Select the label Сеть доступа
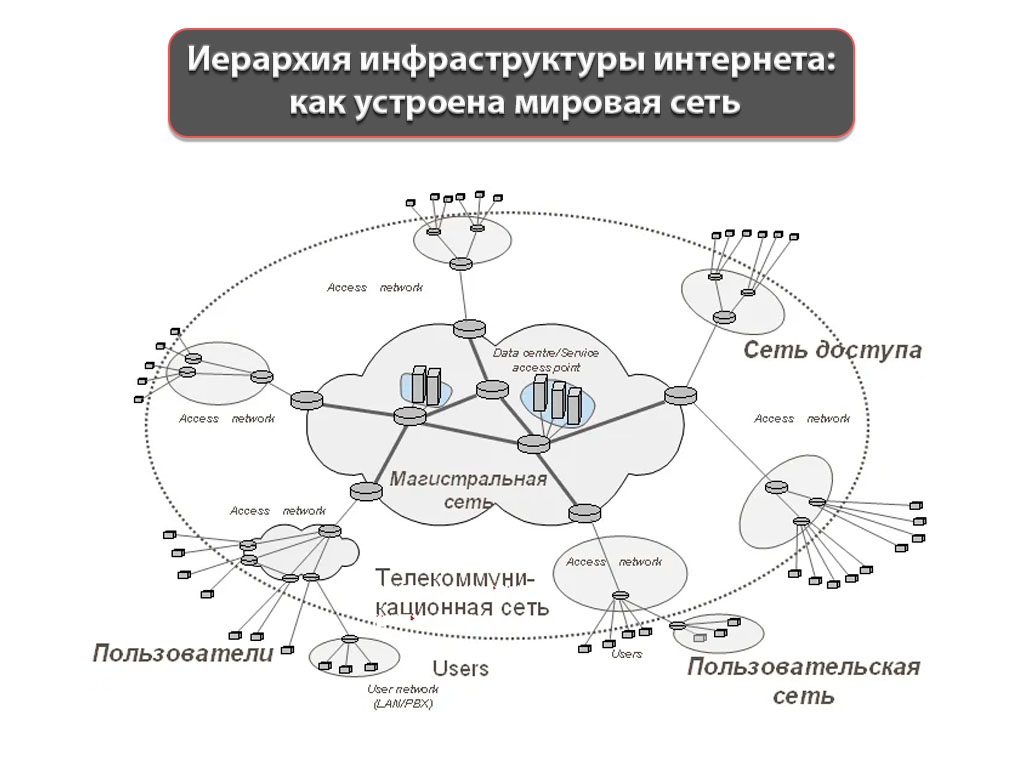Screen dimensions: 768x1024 coord(832,351)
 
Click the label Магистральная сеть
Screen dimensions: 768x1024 coord(467,489)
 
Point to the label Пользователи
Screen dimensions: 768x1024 coord(183,654)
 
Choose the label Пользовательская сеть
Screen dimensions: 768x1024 coord(803,681)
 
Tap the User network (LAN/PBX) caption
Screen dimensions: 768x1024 coord(403,697)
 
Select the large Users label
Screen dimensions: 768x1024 coord(460,668)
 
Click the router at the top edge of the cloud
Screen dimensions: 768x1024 coord(468,327)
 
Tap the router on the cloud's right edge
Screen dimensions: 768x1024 coord(680,395)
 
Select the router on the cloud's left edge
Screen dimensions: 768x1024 coord(307,400)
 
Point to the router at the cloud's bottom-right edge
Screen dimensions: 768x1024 coord(583,512)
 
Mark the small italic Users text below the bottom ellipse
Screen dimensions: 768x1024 coord(626,654)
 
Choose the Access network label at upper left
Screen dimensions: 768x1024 coord(375,288)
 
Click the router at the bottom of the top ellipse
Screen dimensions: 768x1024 coord(460,264)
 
